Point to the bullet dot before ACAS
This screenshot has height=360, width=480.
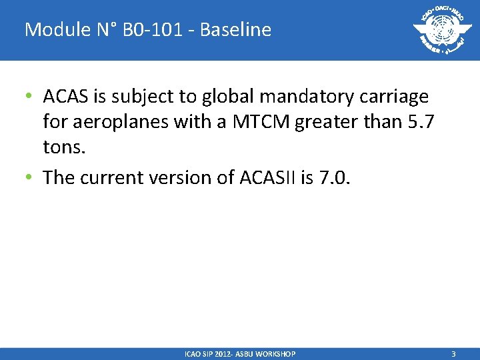pyautogui.click(x=30, y=97)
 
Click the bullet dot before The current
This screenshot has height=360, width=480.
pyautogui.click(x=30, y=177)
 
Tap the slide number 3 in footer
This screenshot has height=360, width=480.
pyautogui.click(x=453, y=354)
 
